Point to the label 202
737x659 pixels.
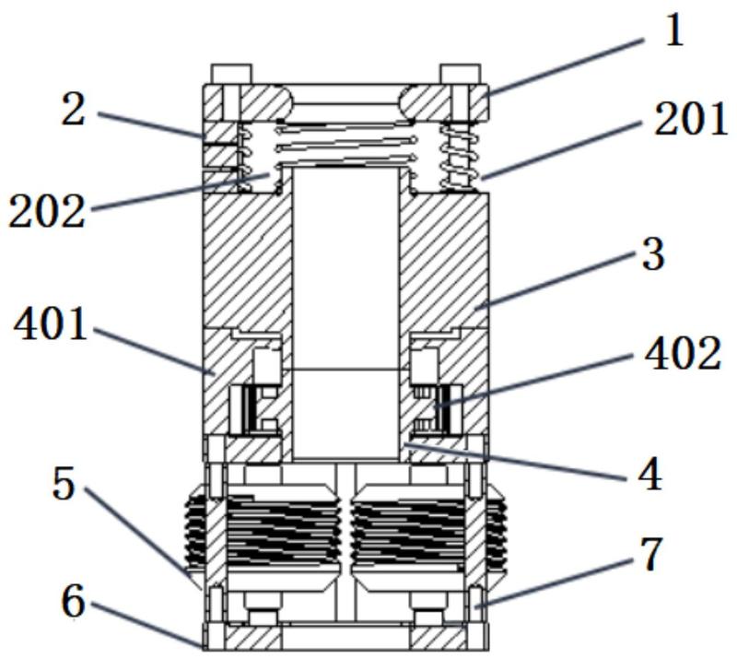click(x=48, y=211)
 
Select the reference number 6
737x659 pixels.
click(x=73, y=604)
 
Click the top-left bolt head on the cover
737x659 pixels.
click(x=230, y=73)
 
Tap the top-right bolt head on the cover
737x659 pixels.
click(x=460, y=73)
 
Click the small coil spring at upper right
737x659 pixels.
click(x=458, y=158)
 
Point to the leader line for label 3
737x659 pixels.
click(x=562, y=281)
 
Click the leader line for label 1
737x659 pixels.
click(x=562, y=64)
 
